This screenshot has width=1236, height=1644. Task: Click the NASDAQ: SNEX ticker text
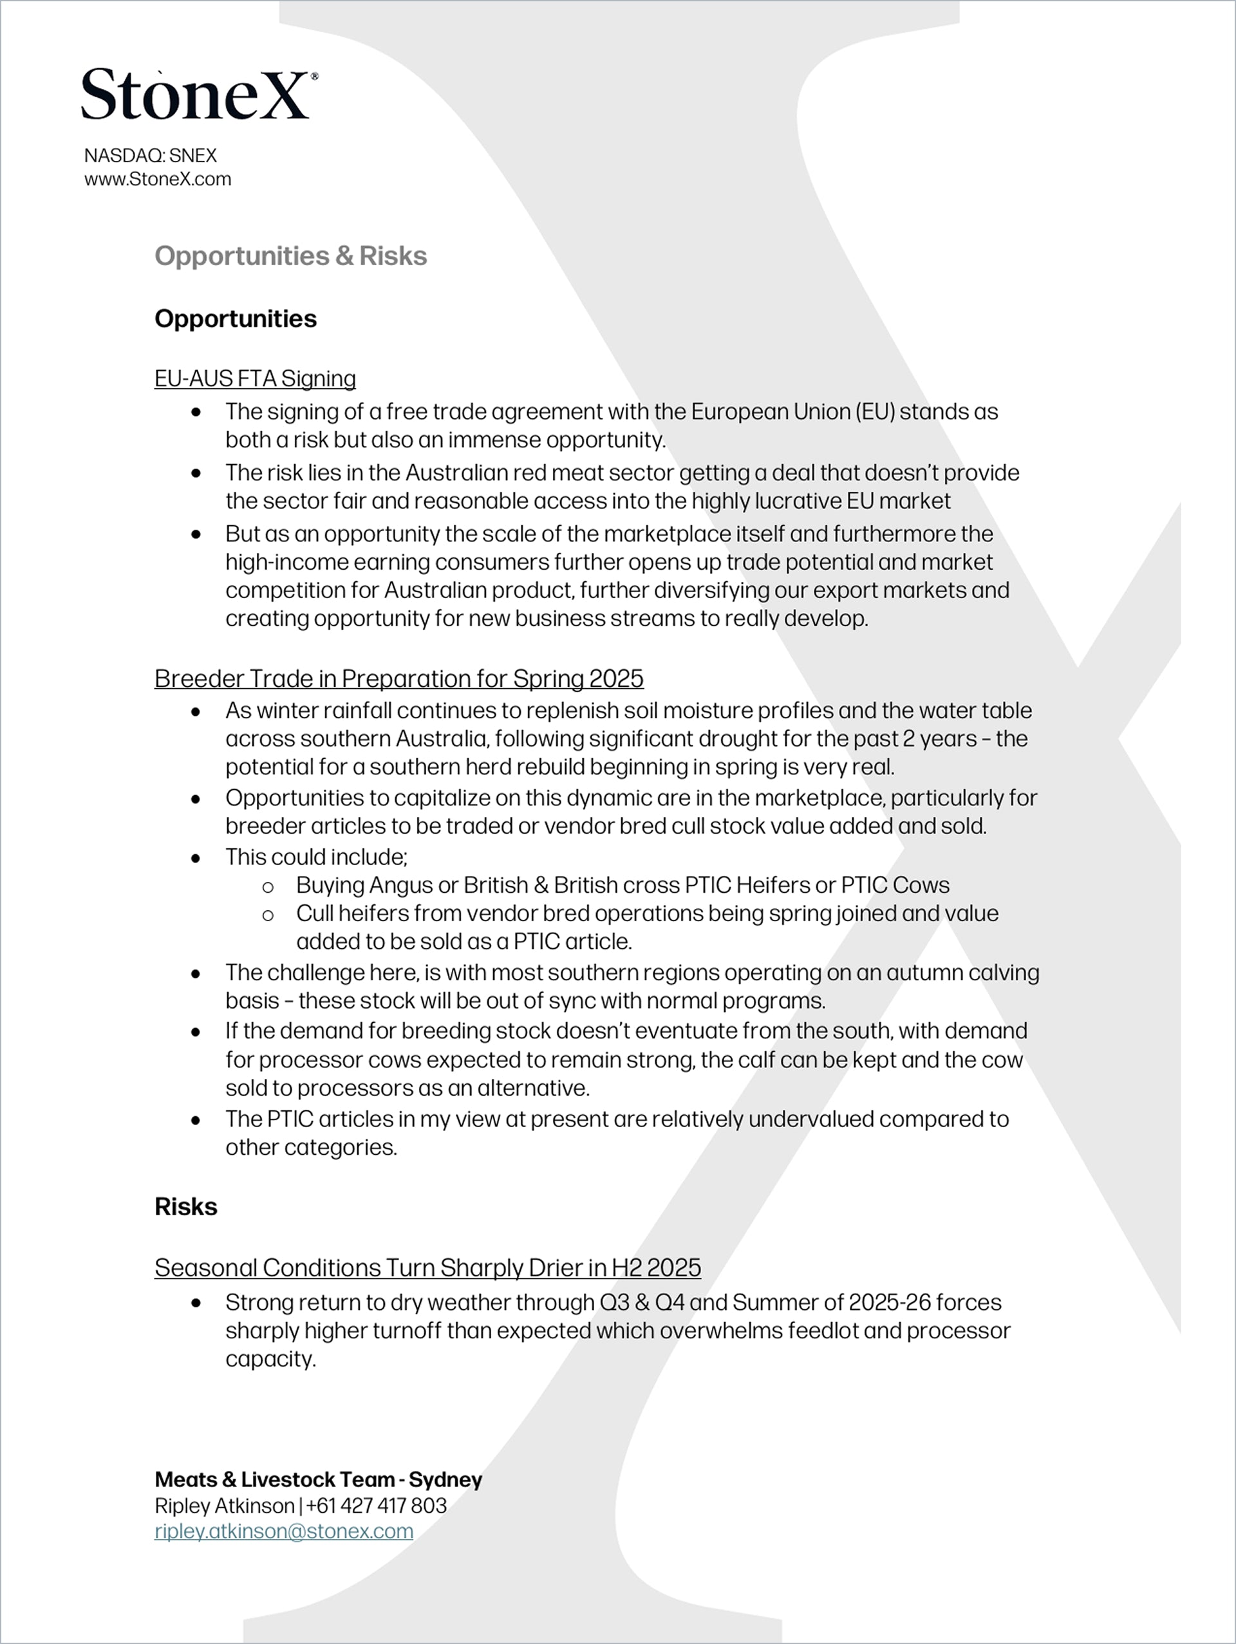point(150,155)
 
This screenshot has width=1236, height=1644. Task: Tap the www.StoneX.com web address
point(158,179)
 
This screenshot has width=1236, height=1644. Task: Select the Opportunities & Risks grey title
point(290,256)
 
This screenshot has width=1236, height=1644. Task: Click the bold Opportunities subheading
point(236,319)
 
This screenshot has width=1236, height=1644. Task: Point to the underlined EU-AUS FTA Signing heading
point(255,378)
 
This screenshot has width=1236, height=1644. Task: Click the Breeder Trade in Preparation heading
point(398,678)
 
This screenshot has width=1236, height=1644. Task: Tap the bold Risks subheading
point(186,1206)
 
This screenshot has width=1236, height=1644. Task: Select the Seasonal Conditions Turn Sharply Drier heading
point(427,1267)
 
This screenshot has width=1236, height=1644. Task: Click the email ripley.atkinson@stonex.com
point(283,1531)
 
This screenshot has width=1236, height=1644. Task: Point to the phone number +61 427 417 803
point(376,1506)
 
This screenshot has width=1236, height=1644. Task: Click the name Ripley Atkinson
point(225,1506)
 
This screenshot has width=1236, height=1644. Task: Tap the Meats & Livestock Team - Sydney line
point(318,1479)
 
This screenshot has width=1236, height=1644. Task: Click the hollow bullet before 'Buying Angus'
point(268,886)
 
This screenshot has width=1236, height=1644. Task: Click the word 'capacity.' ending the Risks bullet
point(270,1359)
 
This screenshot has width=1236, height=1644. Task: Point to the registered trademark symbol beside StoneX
point(314,76)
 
